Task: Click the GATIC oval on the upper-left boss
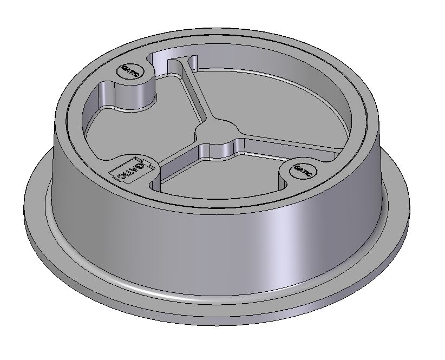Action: (x=130, y=70)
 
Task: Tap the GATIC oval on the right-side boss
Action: (x=302, y=171)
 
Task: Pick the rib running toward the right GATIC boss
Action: (x=271, y=149)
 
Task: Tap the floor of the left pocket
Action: (x=135, y=130)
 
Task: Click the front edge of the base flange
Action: (x=217, y=319)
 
